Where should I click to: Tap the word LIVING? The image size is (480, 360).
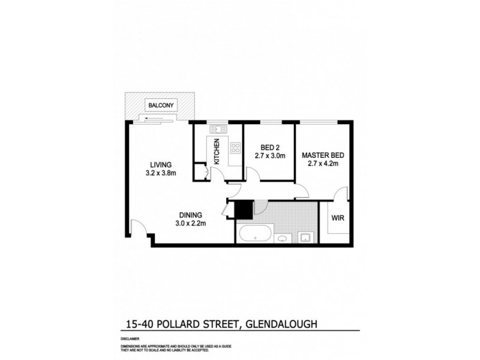(x=161, y=165)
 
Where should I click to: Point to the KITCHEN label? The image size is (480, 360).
(x=217, y=152)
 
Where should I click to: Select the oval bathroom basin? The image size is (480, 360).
(x=283, y=239)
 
